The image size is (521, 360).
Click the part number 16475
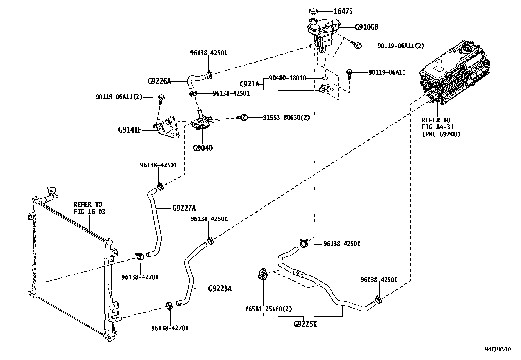point(343,12)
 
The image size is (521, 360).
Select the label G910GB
point(367,27)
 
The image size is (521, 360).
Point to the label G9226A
point(159,81)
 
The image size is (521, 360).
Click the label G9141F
point(130,130)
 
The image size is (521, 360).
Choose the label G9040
point(203,148)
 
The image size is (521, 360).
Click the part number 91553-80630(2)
point(286,117)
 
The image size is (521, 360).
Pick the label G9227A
point(184,208)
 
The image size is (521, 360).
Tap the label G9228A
point(220,289)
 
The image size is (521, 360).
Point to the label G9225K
point(305,324)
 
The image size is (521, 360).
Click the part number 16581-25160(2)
point(268,309)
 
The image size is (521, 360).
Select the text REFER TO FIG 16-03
point(89,208)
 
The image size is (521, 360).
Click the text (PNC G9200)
point(441,134)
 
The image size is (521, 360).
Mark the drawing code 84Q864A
point(498,349)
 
